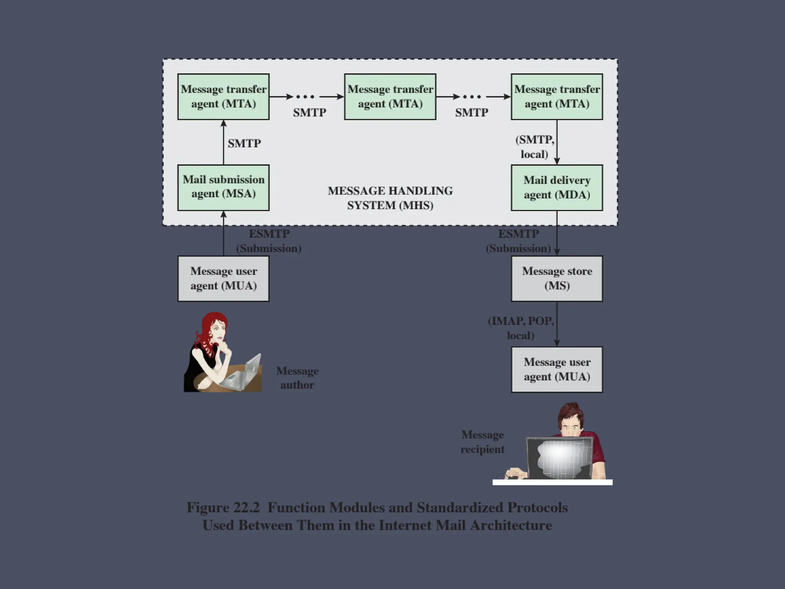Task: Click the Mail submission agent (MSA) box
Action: (223, 188)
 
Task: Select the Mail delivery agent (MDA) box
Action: (557, 188)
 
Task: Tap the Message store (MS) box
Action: (557, 278)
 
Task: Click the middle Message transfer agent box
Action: (390, 97)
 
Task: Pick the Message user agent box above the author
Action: (223, 278)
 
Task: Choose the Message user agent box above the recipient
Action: (557, 369)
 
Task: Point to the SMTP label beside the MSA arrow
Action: (244, 143)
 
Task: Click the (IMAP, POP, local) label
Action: (521, 328)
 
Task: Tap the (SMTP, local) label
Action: (535, 147)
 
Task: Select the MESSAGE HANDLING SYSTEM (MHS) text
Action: (390, 198)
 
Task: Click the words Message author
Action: (297, 378)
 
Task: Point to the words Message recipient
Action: (483, 442)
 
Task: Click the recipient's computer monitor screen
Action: (560, 458)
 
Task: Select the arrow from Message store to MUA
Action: (557, 324)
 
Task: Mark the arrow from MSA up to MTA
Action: (224, 142)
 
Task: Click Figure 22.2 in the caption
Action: (223, 507)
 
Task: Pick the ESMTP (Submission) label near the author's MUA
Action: (269, 241)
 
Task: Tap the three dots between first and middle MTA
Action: (305, 97)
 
